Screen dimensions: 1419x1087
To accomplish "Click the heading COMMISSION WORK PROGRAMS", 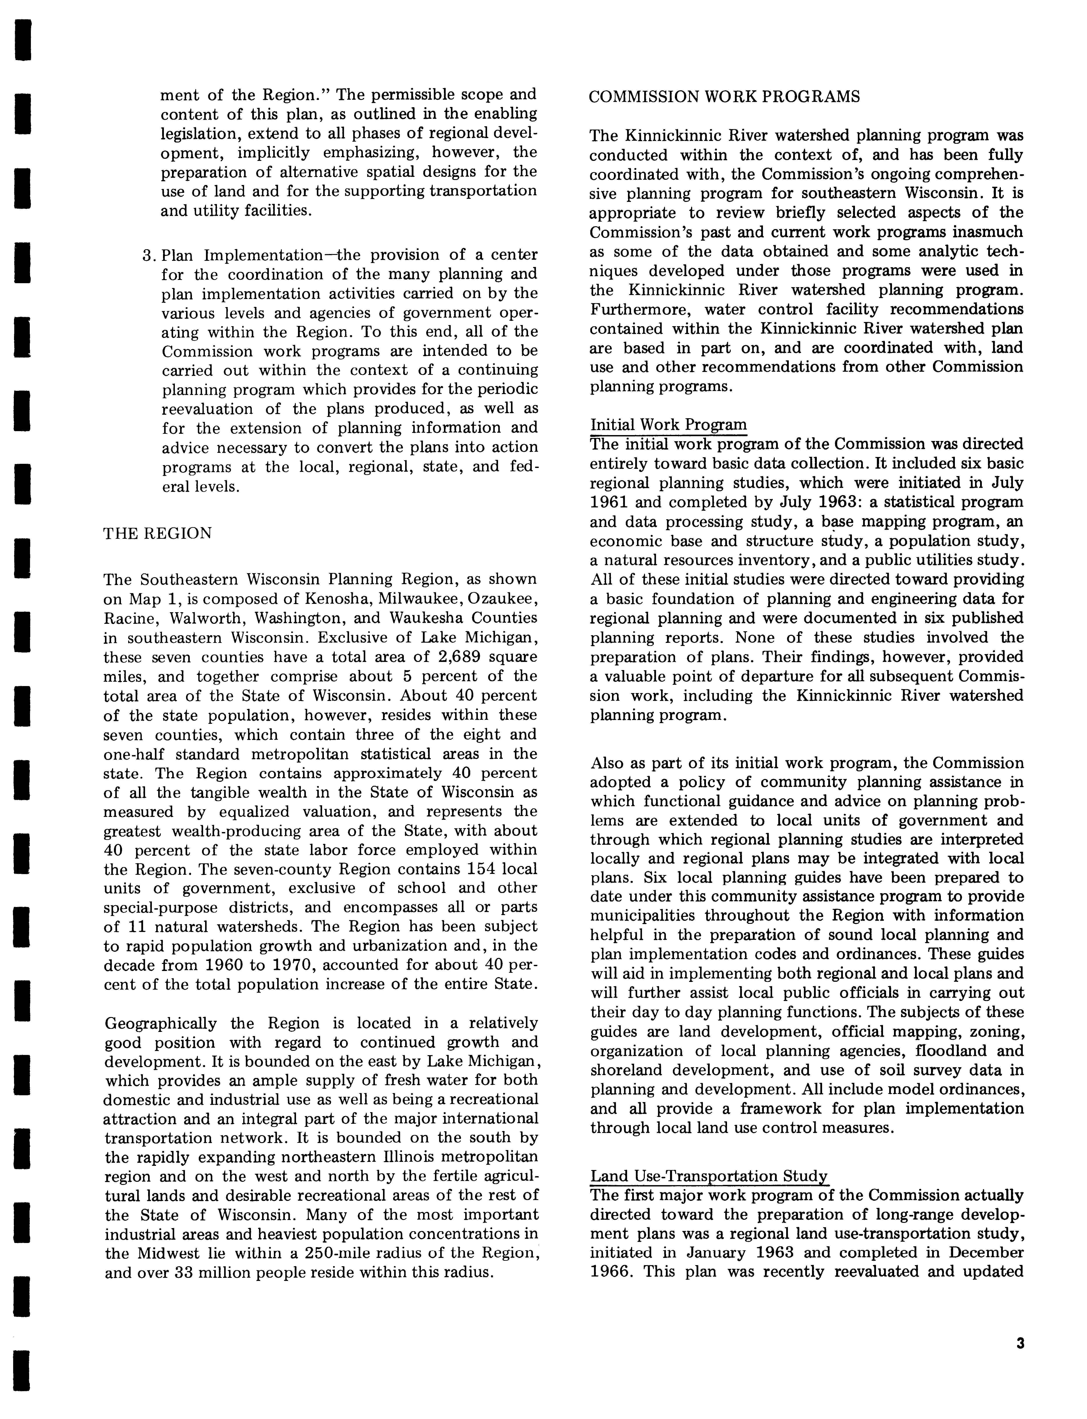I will (725, 97).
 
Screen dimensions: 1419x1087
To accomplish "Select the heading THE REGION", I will (157, 534).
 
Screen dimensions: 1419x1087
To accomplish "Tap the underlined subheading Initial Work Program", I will (668, 425).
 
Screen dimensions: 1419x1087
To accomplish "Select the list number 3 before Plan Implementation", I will (146, 255).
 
